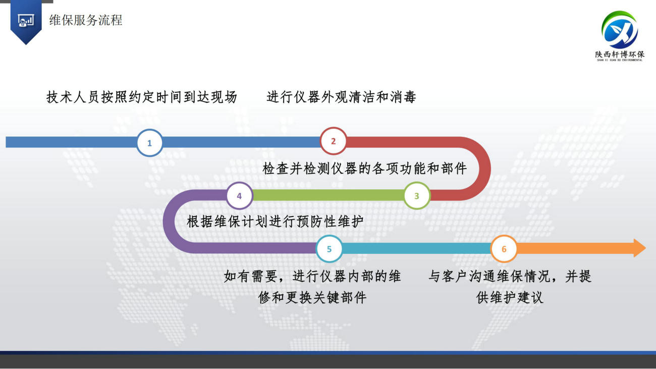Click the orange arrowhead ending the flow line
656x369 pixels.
pyautogui.click(x=640, y=248)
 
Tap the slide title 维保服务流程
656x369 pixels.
pyautogui.click(x=85, y=20)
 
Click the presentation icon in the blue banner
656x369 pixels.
pyautogui.click(x=26, y=21)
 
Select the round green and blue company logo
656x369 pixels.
pyautogui.click(x=620, y=30)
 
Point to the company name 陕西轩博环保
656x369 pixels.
pyautogui.click(x=620, y=54)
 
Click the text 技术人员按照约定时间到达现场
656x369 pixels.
pyautogui.click(x=142, y=97)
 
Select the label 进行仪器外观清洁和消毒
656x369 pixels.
pyautogui.click(x=341, y=97)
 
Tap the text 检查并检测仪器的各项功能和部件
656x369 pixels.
pyautogui.click(x=365, y=169)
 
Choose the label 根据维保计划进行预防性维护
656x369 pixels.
pyautogui.click(x=276, y=222)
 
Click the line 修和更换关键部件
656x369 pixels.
pyautogui.click(x=312, y=298)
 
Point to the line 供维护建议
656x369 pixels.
pyautogui.click(x=510, y=298)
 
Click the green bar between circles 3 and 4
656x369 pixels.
pyautogui.click(x=328, y=195)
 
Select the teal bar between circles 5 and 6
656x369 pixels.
pyautogui.click(x=416, y=248)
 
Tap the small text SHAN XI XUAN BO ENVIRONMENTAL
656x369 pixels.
pyautogui.click(x=620, y=60)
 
